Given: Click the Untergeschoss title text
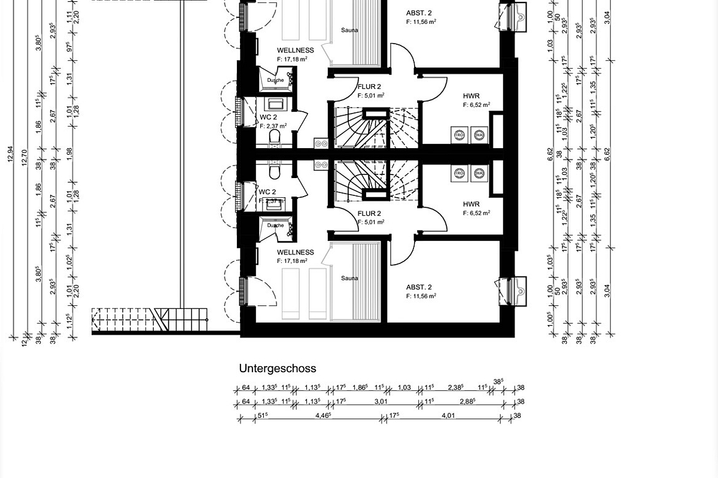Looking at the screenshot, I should point(278,369).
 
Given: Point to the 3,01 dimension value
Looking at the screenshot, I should point(381,402).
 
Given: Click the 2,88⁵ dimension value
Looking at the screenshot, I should point(468,402).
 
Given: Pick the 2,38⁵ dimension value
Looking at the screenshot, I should point(456,388).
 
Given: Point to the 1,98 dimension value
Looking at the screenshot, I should point(69,154).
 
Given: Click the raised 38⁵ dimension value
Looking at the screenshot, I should point(498,381).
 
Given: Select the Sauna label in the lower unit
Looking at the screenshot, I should point(349,278).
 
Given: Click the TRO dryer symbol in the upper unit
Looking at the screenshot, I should point(460,134).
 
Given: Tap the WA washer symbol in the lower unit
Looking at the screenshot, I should point(479,174).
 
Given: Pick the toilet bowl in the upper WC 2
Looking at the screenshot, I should point(275,138).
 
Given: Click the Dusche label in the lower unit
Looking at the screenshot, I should point(275,225).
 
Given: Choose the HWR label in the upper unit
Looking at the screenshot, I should point(471,96).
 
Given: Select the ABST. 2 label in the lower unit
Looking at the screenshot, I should point(419,286).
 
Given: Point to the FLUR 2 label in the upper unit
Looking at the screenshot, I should point(369,87).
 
